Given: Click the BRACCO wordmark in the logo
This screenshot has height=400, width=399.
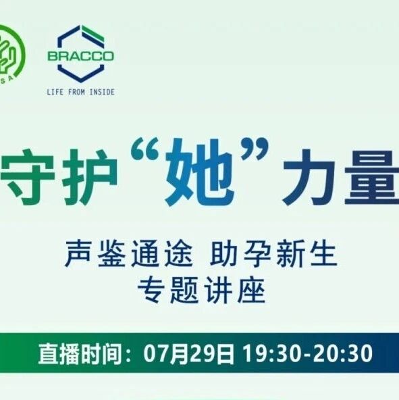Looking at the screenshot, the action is (x=80, y=56).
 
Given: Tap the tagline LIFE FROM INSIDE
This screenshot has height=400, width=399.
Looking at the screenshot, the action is (x=80, y=92).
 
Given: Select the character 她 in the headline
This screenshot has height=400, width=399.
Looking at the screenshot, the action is (x=200, y=172).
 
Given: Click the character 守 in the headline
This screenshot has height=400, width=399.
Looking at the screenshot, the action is (x=27, y=177).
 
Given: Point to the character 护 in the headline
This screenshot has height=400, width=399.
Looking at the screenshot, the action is (x=90, y=177).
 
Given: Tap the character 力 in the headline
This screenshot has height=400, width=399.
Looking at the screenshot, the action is (x=309, y=177).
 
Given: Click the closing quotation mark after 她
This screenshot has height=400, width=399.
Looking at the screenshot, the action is (x=255, y=149).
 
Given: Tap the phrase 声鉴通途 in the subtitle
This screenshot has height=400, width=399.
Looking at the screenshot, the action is (x=129, y=254).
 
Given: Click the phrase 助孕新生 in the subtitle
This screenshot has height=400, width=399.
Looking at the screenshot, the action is (x=273, y=254).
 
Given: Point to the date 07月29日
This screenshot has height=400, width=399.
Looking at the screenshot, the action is (x=188, y=354).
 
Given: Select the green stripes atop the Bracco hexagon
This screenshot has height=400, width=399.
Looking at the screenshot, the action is (x=92, y=34).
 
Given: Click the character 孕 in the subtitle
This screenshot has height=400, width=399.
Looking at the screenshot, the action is (x=257, y=254).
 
